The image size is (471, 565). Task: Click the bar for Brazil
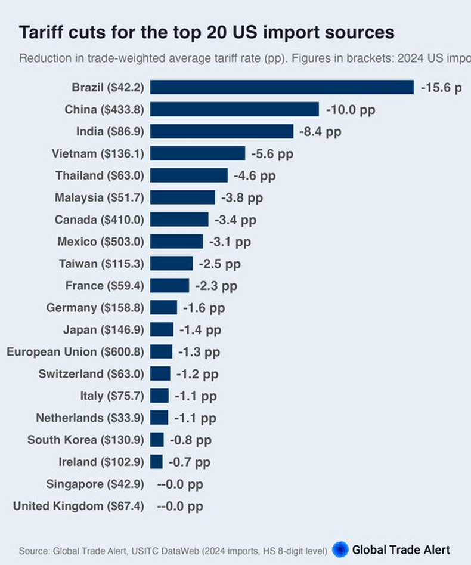coord(281,87)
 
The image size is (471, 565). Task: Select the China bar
coord(234,109)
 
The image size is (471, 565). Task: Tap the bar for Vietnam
coord(197,153)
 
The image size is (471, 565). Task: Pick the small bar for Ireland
coord(156,462)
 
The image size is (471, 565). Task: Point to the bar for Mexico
coord(176,242)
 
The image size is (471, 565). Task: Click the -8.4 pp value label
coord(321,131)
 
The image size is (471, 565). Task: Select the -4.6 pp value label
coord(255,175)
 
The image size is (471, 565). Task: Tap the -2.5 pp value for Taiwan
coord(220,264)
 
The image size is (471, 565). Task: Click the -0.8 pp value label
coord(191,440)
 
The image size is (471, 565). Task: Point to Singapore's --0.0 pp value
coord(180,484)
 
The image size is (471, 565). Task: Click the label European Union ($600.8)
coord(75,352)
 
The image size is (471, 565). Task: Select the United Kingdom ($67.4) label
coord(78,506)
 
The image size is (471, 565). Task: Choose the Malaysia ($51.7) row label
coord(99,197)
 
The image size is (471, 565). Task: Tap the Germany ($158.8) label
coord(95,308)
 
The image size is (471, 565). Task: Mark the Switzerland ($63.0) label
coord(91,374)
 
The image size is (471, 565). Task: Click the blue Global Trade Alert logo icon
coord(340,549)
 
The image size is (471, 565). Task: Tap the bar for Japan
coord(162,330)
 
